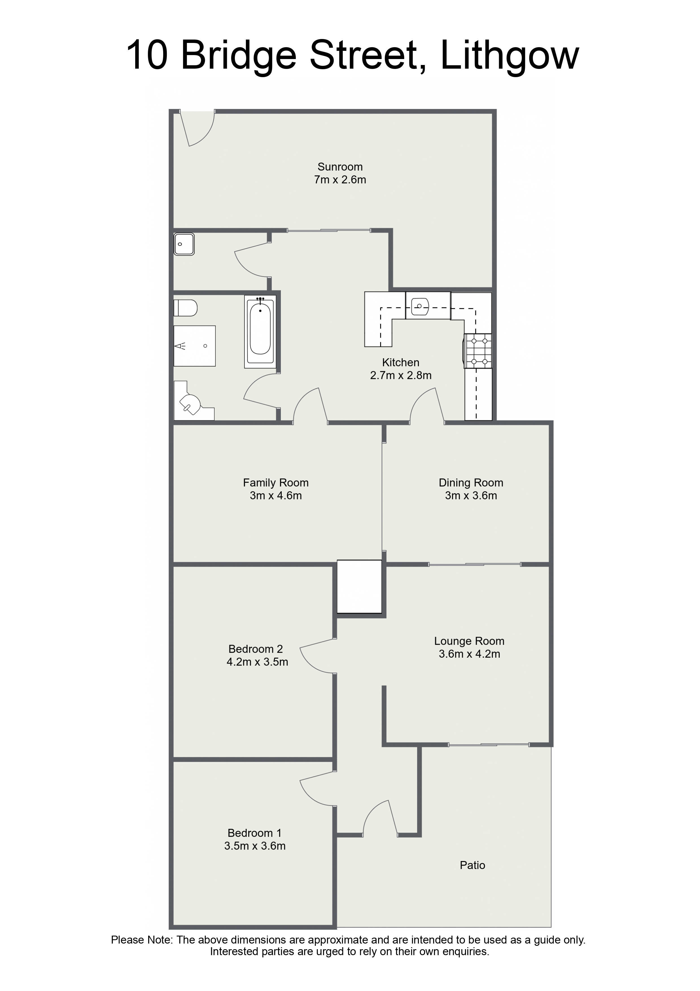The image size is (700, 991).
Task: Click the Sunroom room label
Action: tap(340, 167)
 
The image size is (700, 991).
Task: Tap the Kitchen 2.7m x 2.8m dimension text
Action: tap(401, 375)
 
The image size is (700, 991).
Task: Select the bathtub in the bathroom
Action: tap(260, 331)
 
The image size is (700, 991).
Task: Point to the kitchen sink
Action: tap(420, 307)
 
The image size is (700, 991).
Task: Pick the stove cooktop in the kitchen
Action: tap(478, 351)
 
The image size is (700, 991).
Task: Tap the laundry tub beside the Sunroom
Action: tap(184, 244)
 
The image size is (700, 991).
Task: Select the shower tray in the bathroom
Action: tap(194, 346)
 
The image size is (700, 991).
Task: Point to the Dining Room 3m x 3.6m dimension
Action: tap(471, 495)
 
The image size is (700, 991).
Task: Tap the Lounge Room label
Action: tap(469, 641)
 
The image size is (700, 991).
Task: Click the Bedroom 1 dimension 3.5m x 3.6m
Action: tap(255, 846)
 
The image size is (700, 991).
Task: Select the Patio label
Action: tap(472, 865)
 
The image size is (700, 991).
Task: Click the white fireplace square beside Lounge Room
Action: tap(359, 586)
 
